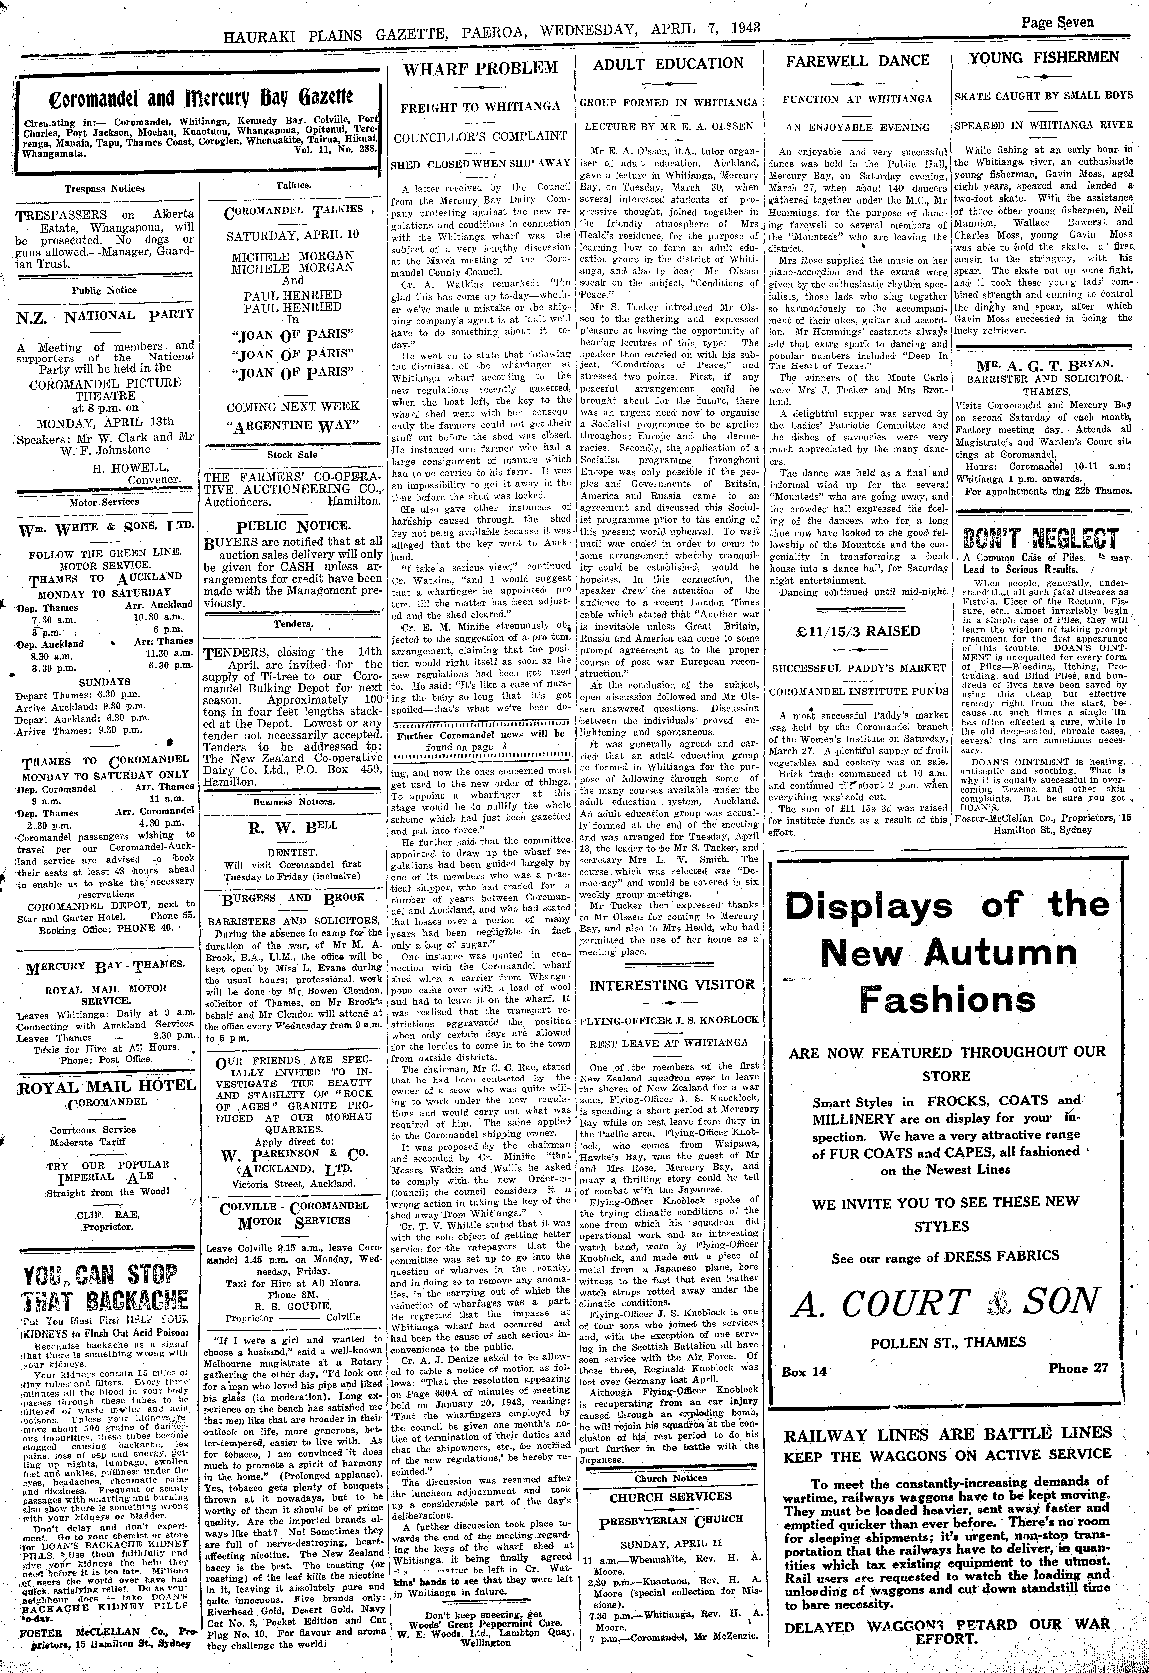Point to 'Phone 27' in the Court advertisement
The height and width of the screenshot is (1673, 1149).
pyautogui.click(x=1078, y=1368)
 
